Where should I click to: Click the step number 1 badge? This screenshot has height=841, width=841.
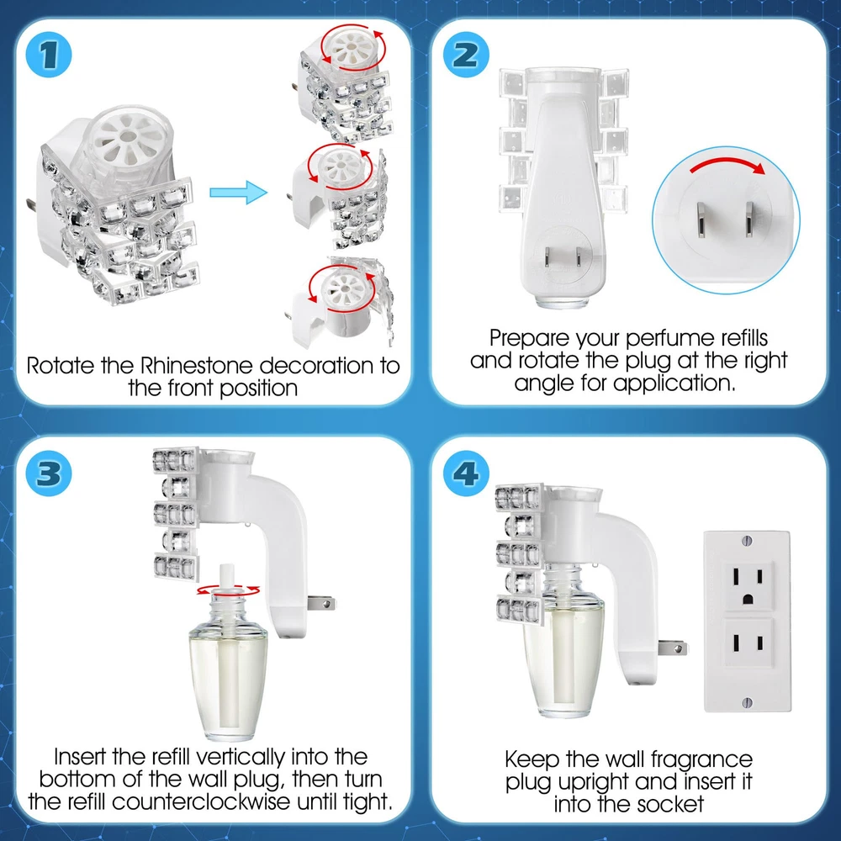tap(49, 55)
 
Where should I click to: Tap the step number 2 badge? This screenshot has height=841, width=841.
tap(466, 55)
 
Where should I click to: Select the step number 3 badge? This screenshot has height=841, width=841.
tap(49, 473)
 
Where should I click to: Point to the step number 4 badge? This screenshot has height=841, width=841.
tap(466, 473)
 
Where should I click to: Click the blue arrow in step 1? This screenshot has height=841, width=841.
tap(238, 192)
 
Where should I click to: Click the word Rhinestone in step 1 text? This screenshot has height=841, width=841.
tap(196, 366)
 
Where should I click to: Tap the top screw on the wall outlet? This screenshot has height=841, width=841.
tap(748, 540)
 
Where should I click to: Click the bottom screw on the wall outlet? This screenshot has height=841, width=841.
tap(748, 701)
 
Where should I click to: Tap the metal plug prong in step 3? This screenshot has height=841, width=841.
tap(321, 603)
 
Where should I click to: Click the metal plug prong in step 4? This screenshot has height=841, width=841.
tap(673, 648)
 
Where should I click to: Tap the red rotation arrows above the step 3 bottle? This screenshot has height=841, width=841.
tap(228, 590)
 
